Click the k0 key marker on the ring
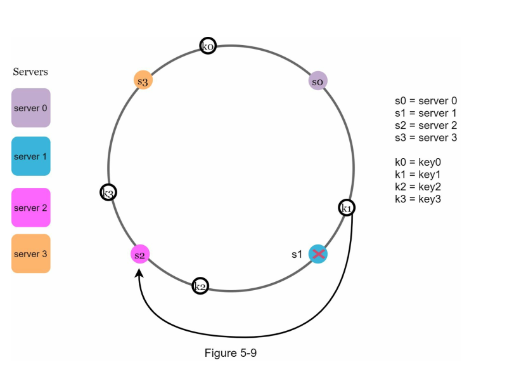[x=208, y=46]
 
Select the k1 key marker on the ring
[x=347, y=208]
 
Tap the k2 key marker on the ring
[x=200, y=286]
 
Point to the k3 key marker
[x=108, y=192]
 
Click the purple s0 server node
[x=318, y=81]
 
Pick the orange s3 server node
[x=143, y=80]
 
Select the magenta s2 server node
[x=139, y=255]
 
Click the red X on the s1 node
[x=318, y=254]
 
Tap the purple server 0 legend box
[x=30, y=108]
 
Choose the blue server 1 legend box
[x=30, y=156]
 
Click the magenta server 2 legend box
[x=30, y=208]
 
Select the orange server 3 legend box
[x=30, y=254]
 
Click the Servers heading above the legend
[x=30, y=72]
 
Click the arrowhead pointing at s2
[x=139, y=271]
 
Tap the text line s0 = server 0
[x=425, y=101]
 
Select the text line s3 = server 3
[x=425, y=138]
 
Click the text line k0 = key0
[x=421, y=163]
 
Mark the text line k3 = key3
[x=421, y=199]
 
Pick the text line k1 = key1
[x=421, y=175]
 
